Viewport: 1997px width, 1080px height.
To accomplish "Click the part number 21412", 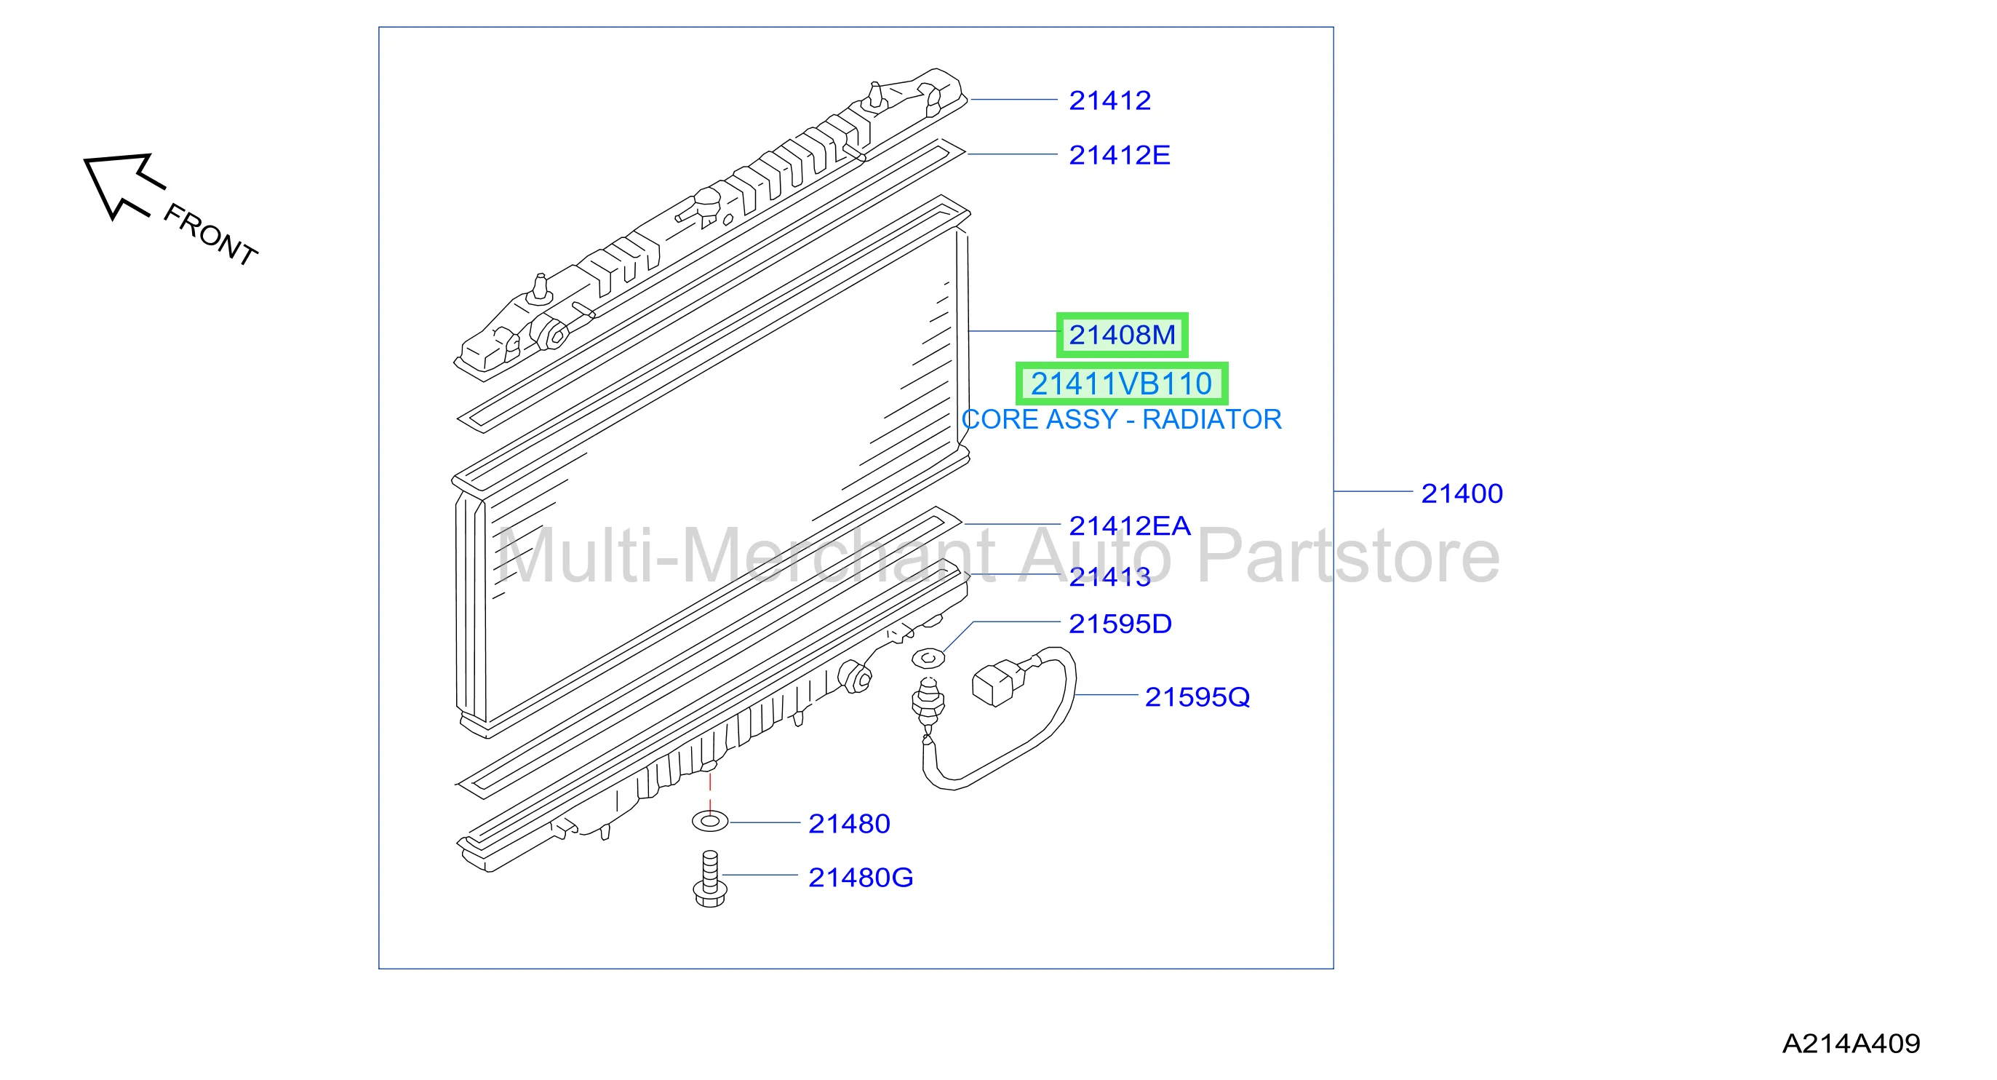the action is (1109, 100).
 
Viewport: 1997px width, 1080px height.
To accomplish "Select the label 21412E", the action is (1120, 155).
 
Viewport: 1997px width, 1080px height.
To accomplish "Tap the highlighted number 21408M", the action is (1122, 335).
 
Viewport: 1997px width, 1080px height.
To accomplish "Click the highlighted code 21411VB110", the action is (1121, 384).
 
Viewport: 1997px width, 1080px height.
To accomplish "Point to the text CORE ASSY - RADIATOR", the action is (1122, 419).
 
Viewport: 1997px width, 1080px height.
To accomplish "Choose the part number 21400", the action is (1462, 494).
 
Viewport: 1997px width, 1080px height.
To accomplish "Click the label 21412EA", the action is (1130, 526).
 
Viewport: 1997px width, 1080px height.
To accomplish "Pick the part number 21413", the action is (1109, 577).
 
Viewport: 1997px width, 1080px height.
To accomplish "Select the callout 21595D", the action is (1120, 624).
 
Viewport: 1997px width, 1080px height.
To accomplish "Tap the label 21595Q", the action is (1197, 698).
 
